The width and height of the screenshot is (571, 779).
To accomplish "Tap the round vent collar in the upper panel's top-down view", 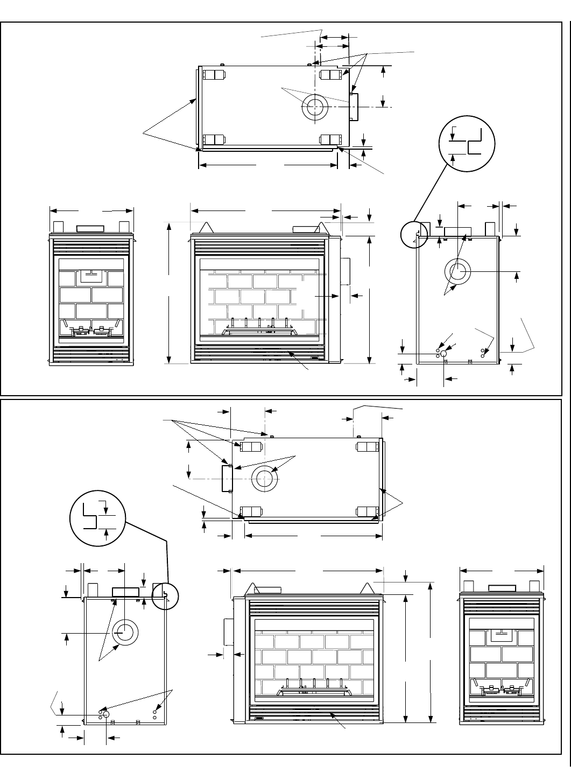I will [x=315, y=109].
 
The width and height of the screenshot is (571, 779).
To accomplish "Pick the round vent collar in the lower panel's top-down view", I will [x=265, y=479].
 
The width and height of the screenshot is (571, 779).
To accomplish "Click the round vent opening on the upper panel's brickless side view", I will [x=458, y=272].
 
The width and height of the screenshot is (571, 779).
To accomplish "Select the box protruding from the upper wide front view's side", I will [x=344, y=271].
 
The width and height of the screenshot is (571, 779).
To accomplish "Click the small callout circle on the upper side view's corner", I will [x=414, y=234].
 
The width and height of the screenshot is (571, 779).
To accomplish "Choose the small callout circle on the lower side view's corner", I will [x=164, y=596].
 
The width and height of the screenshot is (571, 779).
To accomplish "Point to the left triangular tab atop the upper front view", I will [x=205, y=228].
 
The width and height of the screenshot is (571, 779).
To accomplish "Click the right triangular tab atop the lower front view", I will [x=367, y=588].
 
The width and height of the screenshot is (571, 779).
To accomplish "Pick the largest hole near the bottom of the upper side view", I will [x=444, y=354].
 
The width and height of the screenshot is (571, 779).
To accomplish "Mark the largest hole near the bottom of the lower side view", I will [x=106, y=714].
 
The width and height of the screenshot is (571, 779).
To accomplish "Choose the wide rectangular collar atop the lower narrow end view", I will [x=502, y=588].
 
